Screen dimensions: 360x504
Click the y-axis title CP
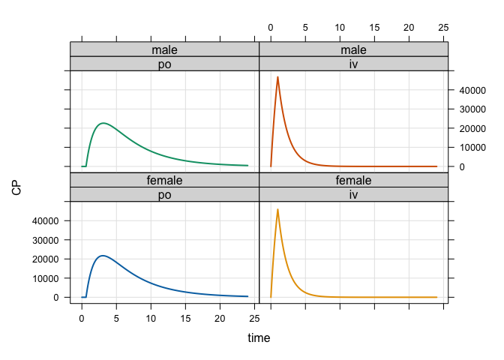[x=16, y=187]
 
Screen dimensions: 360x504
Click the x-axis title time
[x=259, y=338]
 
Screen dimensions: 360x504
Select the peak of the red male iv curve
[x=277, y=76]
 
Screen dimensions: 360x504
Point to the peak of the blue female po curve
[x=103, y=256]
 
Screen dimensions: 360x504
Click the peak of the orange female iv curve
[x=277, y=209]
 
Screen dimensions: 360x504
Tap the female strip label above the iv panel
[x=353, y=181]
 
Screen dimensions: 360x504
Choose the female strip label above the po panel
[x=164, y=181]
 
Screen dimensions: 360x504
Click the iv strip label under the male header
[x=353, y=64]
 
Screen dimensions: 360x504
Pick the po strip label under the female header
[x=164, y=195]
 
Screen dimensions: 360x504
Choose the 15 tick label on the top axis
[x=374, y=28]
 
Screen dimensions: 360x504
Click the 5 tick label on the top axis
[x=305, y=28]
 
